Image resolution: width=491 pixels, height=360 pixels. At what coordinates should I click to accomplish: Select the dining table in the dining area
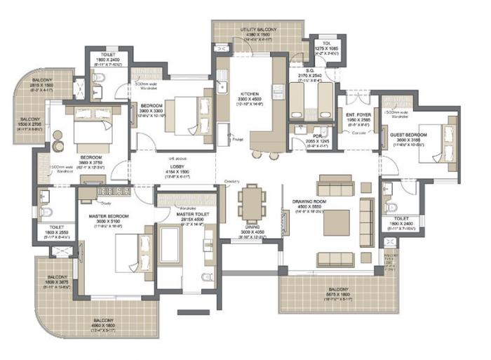(250, 204)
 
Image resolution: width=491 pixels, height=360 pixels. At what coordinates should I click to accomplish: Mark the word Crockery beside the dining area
(232, 181)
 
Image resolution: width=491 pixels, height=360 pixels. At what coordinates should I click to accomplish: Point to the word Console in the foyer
(361, 133)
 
